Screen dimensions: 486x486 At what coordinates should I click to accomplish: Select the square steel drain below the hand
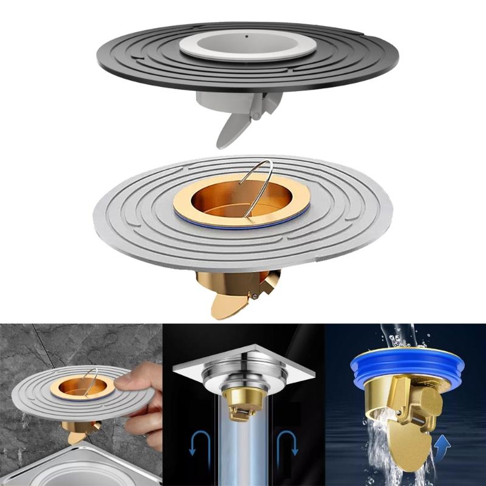[x=97, y=468]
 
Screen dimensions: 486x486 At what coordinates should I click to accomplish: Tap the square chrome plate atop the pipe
[x=243, y=363]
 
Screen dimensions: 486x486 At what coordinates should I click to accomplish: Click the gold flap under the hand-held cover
[x=78, y=436]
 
